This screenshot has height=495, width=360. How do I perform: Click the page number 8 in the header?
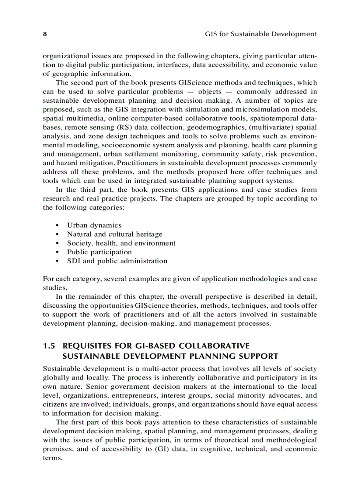[x=45, y=34]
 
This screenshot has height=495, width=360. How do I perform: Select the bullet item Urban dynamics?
[x=94, y=225]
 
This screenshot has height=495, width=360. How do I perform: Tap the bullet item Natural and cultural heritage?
[x=114, y=234]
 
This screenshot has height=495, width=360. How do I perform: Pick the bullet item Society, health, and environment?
[x=121, y=243]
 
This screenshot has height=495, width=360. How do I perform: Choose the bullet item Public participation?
[x=99, y=252]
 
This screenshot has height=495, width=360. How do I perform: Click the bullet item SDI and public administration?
[x=117, y=261]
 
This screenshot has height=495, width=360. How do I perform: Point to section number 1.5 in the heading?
[x=49, y=346]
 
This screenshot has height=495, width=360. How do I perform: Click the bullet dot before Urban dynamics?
[x=58, y=226]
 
